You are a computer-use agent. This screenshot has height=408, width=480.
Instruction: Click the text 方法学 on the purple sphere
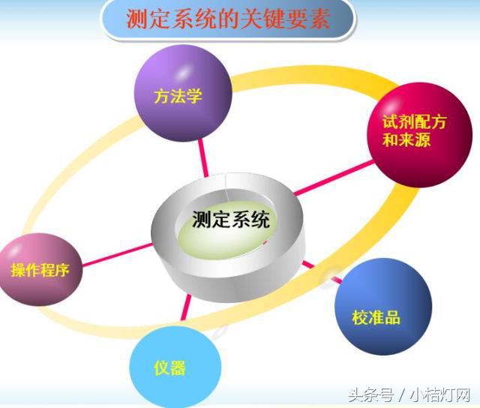click(178, 96)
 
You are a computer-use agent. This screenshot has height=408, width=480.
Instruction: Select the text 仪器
click(168, 367)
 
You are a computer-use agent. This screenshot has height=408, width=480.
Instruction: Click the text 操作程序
click(40, 270)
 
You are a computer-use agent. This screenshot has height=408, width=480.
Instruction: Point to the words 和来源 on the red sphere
click(406, 140)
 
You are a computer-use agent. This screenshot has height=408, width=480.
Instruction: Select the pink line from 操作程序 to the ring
click(112, 253)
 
